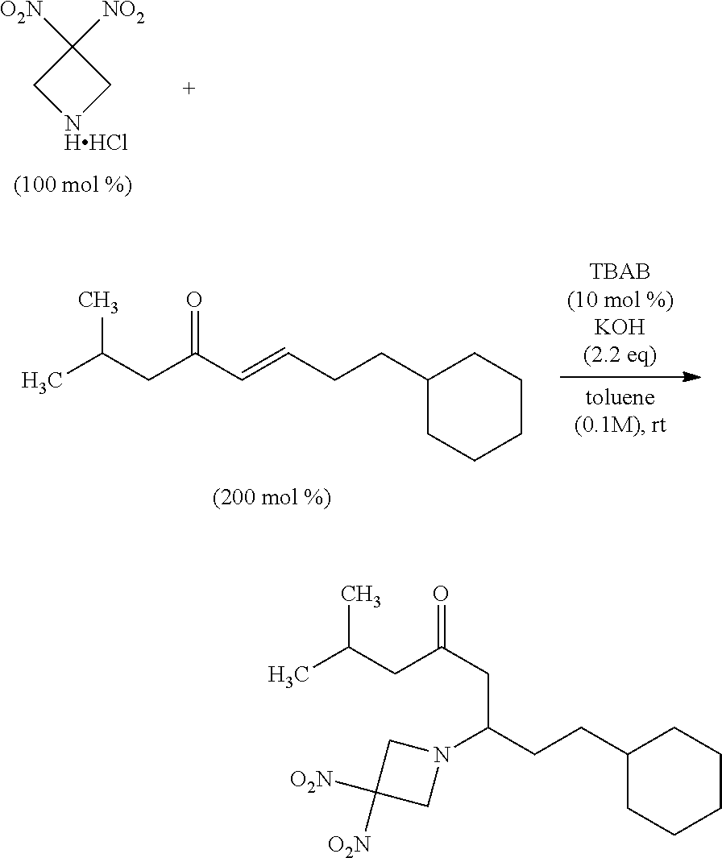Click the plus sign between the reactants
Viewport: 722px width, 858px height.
click(189, 89)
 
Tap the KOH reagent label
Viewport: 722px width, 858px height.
click(620, 329)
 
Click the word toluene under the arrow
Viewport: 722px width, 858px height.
click(620, 398)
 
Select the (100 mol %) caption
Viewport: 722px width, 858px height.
click(73, 185)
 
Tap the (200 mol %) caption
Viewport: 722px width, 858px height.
click(272, 497)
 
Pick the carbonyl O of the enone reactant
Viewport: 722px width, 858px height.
click(193, 301)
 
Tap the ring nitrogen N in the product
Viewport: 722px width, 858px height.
click(440, 755)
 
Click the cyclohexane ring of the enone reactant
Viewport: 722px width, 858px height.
click(474, 406)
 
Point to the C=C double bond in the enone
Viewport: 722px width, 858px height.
click(264, 365)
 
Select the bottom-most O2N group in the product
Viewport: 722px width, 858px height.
click(349, 843)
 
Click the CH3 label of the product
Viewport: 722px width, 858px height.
click(360, 596)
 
